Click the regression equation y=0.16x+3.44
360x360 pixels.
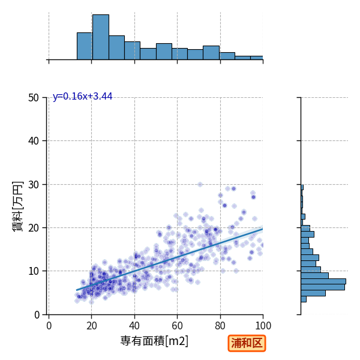[82, 97]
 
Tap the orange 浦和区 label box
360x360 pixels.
[247, 343]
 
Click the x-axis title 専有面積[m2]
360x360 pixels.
[154, 341]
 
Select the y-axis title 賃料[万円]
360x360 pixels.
[17, 206]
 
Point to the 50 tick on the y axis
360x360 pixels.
[34, 98]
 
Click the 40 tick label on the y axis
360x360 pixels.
[34, 141]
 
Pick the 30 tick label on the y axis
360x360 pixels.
[34, 185]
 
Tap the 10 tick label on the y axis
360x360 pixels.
[34, 271]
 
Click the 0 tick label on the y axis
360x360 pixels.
[37, 315]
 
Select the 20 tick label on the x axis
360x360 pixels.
[92, 326]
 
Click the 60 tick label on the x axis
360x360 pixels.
[177, 326]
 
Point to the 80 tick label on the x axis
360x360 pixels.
[220, 326]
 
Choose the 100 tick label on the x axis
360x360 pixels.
[263, 326]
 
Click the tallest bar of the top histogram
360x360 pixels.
[101, 37]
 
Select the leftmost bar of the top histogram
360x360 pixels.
[85, 46]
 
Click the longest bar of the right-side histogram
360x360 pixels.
[323, 281]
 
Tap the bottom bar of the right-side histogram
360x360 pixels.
[304, 299]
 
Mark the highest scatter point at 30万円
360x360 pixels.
[200, 185]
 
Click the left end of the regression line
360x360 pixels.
[77, 290]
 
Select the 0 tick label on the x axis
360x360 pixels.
[49, 326]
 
